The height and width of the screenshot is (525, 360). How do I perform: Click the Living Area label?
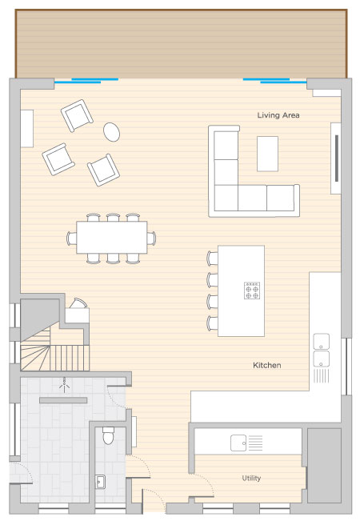(x=278, y=115)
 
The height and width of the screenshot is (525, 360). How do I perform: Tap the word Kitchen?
(x=266, y=365)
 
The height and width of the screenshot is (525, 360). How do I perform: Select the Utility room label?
(x=251, y=478)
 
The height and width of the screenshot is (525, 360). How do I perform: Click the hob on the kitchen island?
(x=252, y=291)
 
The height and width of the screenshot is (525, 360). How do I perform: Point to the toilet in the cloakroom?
(x=108, y=435)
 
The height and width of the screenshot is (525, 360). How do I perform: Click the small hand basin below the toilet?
(x=100, y=482)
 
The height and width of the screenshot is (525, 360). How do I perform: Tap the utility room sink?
(x=238, y=443)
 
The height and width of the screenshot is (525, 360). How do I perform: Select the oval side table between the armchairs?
(x=111, y=131)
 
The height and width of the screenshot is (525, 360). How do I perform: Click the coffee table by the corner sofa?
(x=267, y=154)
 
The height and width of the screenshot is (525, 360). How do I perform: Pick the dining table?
(x=112, y=237)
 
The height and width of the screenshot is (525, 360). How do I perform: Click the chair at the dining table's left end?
(x=71, y=238)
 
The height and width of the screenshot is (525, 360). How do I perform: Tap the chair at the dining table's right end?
(x=151, y=238)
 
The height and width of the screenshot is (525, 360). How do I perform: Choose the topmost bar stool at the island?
(x=213, y=258)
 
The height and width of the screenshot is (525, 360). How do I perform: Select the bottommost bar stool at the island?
(x=213, y=323)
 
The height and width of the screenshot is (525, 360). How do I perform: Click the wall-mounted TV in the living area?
(x=337, y=158)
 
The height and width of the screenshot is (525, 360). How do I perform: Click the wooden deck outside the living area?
(x=181, y=44)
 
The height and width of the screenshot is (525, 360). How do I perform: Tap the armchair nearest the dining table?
(x=103, y=170)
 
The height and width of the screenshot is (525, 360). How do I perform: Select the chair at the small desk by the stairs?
(x=78, y=303)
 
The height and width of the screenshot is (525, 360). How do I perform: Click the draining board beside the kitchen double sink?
(x=321, y=375)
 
